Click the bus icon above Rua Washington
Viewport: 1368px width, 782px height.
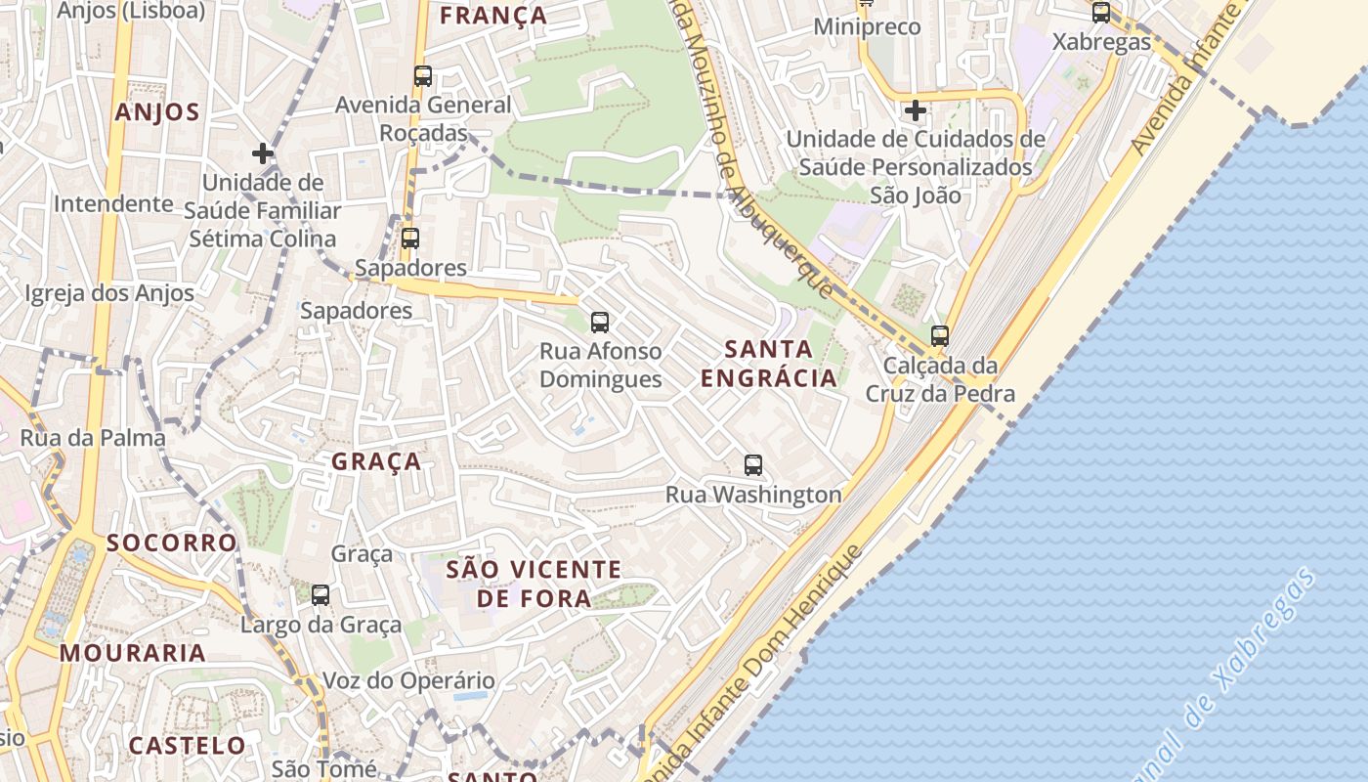pos(752,465)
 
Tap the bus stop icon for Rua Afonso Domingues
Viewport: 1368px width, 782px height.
pos(600,323)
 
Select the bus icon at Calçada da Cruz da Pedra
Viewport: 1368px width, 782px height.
pos(940,336)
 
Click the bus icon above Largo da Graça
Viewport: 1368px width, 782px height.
pos(321,594)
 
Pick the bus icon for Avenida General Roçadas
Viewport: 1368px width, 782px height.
pos(423,76)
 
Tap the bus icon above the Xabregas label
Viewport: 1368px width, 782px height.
pos(1101,13)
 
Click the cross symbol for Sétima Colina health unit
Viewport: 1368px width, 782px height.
pos(262,153)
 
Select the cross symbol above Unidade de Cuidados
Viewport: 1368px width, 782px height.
pos(915,110)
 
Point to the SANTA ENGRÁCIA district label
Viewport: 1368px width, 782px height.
pos(769,364)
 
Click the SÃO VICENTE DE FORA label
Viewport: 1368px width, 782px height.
pos(534,584)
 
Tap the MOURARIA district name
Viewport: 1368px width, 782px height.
pos(133,653)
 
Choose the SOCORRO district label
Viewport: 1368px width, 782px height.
pos(172,543)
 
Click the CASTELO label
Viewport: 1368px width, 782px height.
pos(188,746)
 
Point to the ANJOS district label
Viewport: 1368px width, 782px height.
pos(157,112)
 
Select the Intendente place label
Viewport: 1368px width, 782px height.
pos(113,204)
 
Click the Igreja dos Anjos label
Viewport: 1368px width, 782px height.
pos(109,293)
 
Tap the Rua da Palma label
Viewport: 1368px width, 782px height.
pos(93,438)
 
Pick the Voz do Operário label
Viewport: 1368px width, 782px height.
pos(408,680)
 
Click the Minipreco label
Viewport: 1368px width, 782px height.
pos(868,27)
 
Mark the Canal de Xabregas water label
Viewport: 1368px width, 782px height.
pos(1226,674)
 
